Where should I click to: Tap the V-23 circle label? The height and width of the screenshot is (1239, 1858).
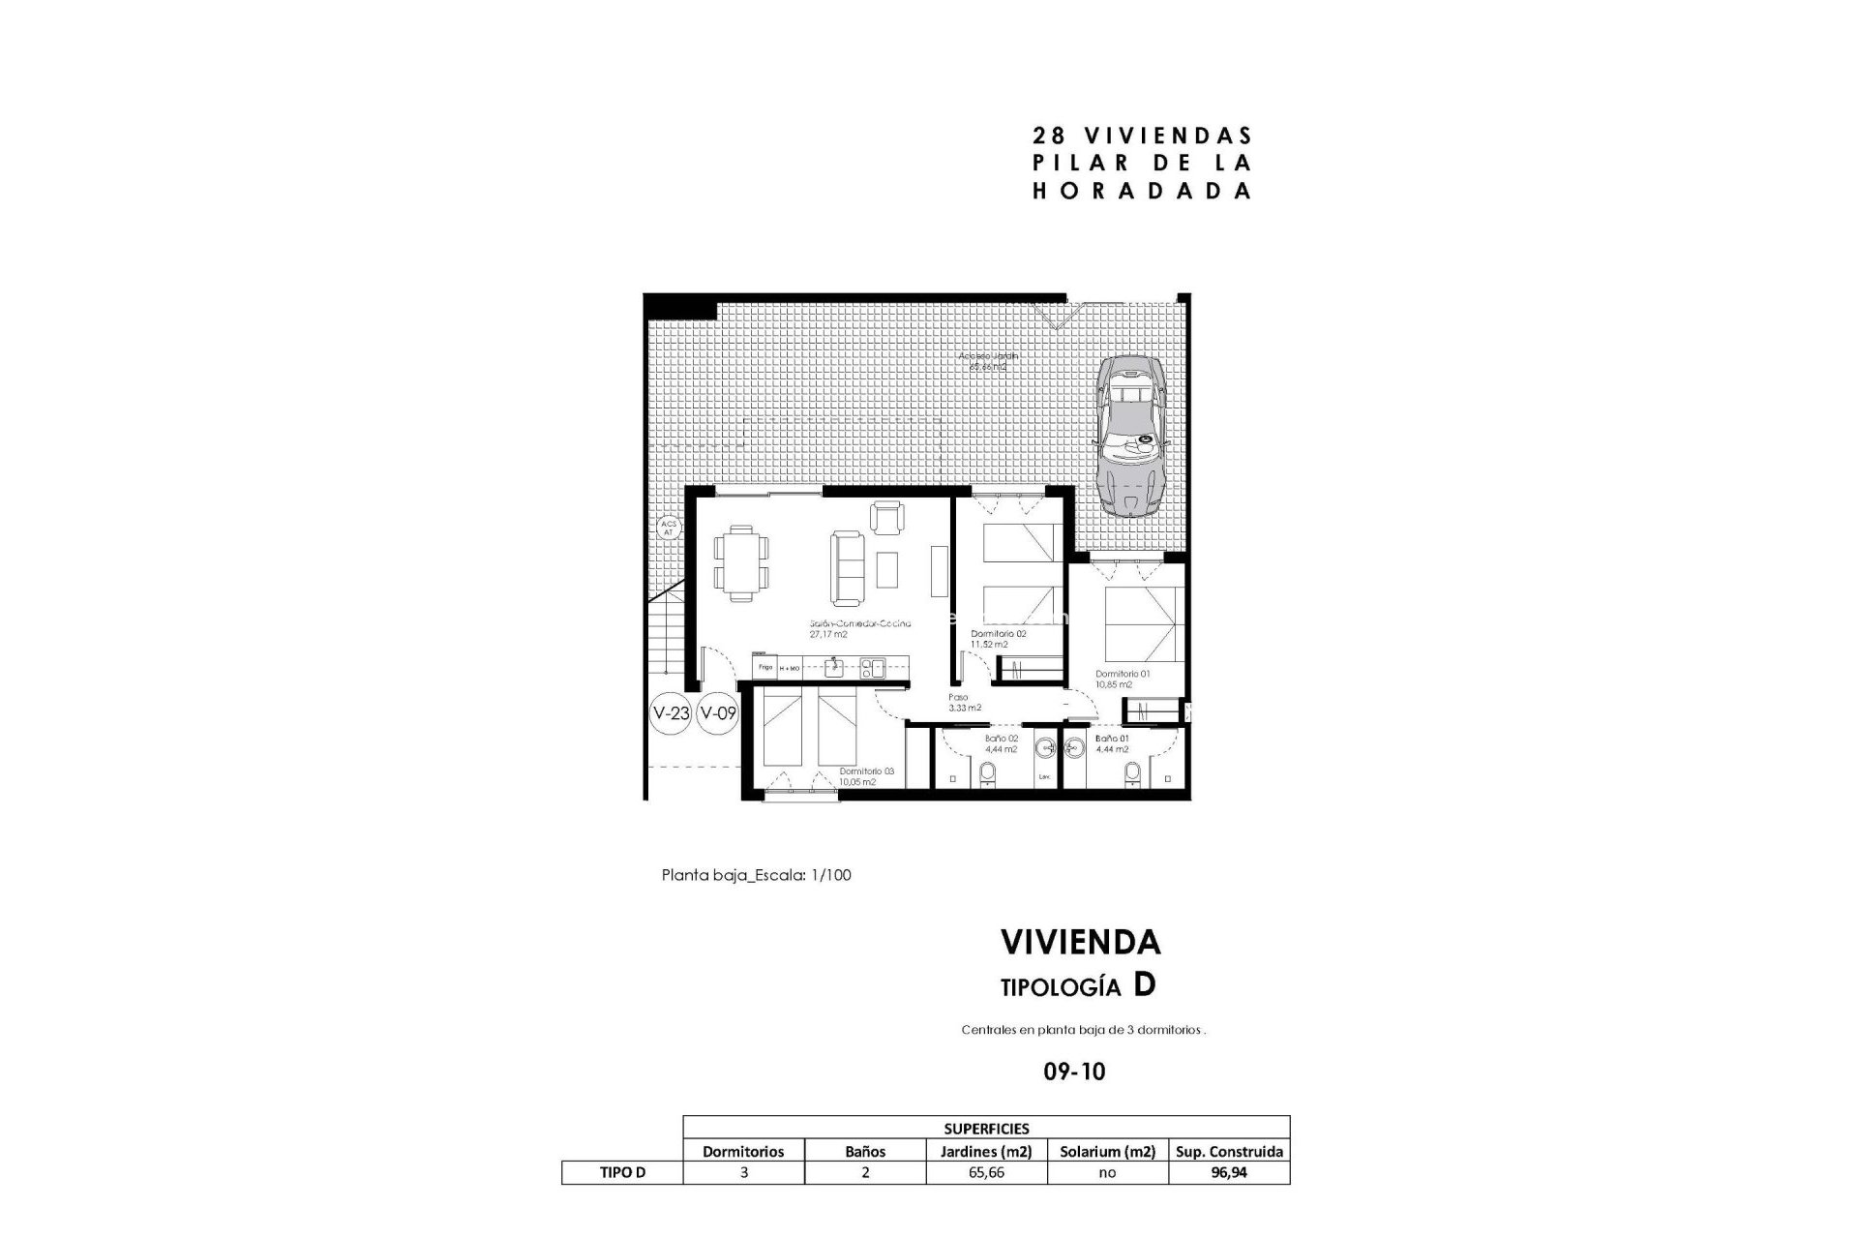click(x=671, y=714)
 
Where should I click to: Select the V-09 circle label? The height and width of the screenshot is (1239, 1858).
click(x=718, y=714)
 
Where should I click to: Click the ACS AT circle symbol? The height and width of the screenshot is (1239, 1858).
click(x=668, y=528)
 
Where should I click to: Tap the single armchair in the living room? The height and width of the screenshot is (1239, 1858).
click(x=886, y=517)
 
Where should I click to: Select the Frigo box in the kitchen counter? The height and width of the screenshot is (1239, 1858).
click(x=764, y=667)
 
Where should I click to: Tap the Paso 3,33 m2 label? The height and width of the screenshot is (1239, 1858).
click(x=964, y=702)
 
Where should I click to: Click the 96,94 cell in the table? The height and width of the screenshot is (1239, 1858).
click(x=1229, y=1172)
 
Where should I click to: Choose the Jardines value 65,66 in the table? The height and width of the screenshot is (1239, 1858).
click(x=986, y=1172)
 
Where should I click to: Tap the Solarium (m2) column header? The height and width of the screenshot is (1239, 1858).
click(x=1107, y=1151)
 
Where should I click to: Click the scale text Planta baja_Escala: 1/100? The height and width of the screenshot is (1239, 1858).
click(x=756, y=875)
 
